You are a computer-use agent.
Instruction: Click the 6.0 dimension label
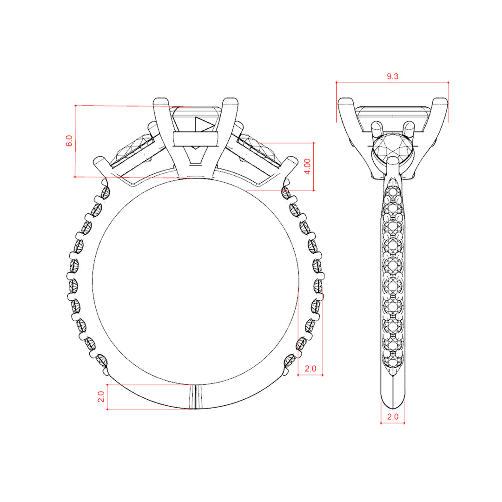69,141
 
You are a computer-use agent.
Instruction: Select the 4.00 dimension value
307,166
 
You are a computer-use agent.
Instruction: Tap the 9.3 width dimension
392,76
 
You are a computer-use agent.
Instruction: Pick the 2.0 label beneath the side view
392,416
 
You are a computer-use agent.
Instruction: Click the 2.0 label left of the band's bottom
101,396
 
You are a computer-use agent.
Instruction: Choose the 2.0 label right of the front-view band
310,369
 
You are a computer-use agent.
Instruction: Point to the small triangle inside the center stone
204,125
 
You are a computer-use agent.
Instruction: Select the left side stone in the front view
134,148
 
